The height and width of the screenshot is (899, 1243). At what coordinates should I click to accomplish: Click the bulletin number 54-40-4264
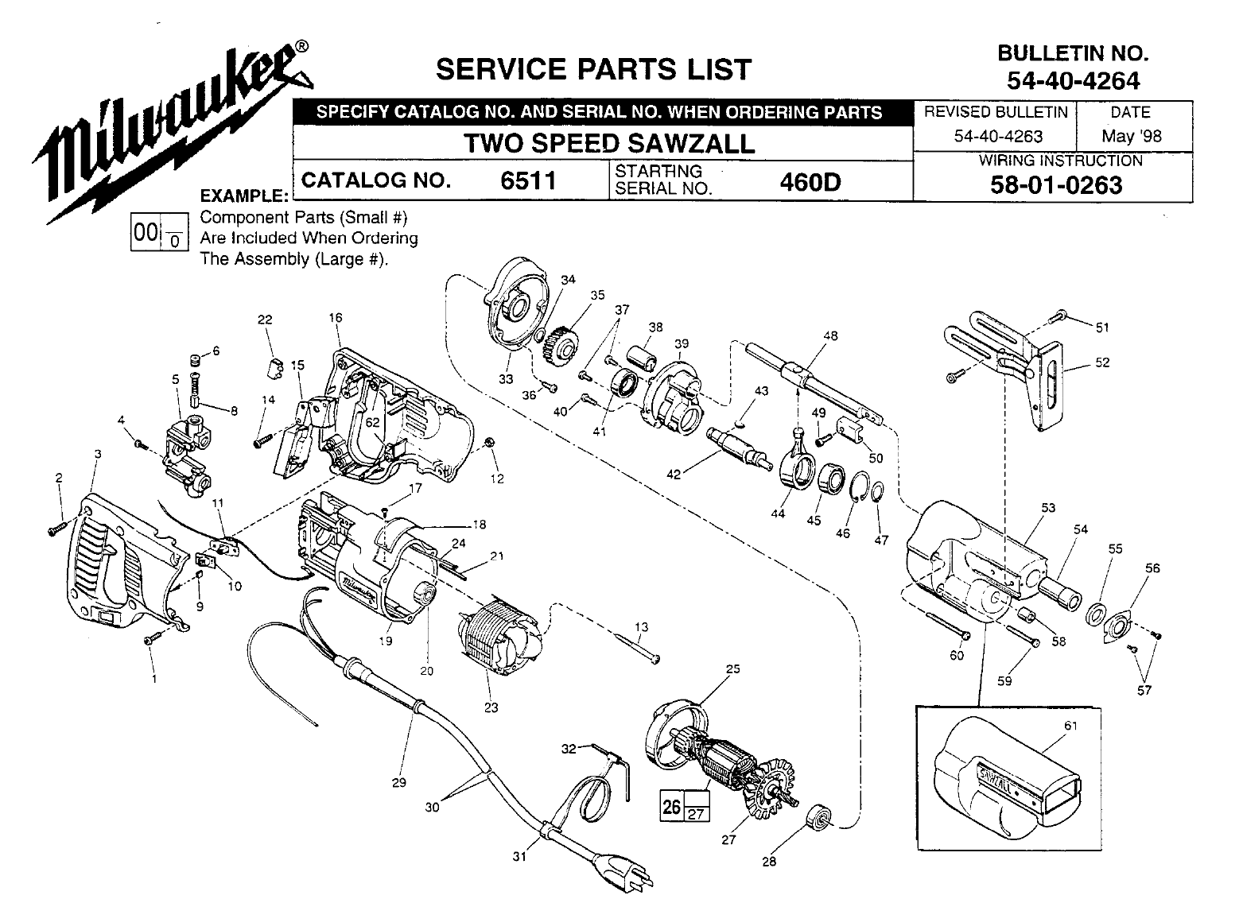[1073, 80]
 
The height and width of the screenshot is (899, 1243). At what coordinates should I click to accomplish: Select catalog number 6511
[527, 181]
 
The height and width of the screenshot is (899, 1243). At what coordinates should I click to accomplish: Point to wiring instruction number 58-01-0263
[1056, 184]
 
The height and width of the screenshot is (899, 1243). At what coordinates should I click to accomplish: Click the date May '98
[1131, 136]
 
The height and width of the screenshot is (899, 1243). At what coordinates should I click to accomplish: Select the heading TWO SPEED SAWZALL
[608, 144]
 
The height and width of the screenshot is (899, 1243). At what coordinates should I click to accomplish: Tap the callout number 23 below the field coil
[491, 707]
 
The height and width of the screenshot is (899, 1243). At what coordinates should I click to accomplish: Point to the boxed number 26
[671, 808]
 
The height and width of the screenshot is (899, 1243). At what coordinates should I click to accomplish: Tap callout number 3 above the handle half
[97, 454]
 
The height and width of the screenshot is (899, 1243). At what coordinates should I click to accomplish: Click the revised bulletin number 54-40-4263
[999, 136]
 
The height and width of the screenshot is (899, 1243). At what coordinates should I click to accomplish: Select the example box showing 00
[146, 232]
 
